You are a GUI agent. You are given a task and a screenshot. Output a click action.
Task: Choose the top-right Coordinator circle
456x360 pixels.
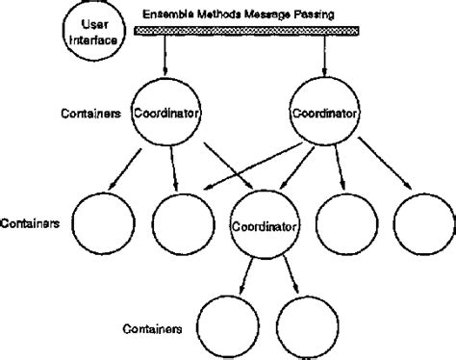point(324,113)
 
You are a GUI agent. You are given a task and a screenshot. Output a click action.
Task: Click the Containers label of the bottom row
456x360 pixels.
point(154,328)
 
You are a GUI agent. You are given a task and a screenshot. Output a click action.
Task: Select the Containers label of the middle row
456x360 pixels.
point(31,221)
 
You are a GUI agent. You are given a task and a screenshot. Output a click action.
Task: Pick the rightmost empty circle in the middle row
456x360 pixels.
point(423,223)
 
